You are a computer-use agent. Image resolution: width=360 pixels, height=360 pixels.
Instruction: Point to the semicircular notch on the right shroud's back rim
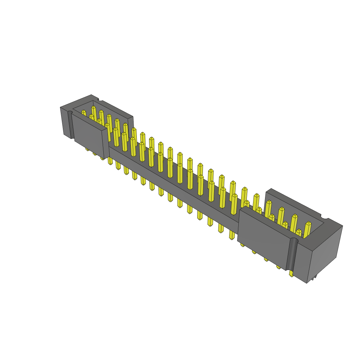click(x=324, y=217)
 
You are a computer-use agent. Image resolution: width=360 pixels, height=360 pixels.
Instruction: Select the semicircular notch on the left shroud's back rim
click(x=101, y=99)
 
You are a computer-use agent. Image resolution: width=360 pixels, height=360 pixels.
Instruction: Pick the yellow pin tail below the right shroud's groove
click(x=291, y=273)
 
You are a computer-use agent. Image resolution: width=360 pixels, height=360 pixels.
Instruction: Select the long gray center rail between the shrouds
click(x=172, y=183)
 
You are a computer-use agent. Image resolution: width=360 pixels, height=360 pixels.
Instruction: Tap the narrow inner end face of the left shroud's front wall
click(x=106, y=144)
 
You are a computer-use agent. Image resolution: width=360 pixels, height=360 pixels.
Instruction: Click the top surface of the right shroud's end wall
click(x=327, y=234)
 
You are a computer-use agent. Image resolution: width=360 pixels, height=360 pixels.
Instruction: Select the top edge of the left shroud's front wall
click(x=88, y=122)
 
